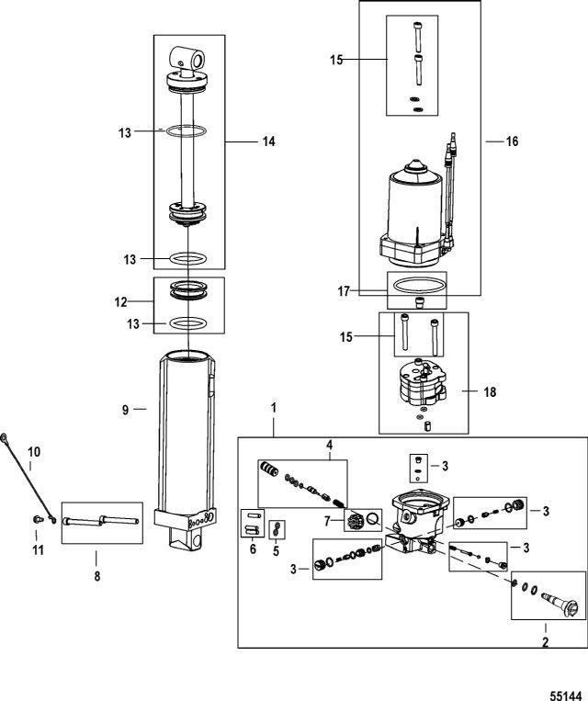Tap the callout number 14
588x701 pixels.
pos(268,141)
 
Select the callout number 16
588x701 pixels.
pos(512,141)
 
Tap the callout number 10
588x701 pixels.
pos(34,451)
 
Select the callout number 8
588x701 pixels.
pos(97,577)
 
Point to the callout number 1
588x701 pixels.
pos(272,405)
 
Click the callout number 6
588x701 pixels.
pos(253,548)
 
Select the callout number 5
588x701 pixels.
pos(276,550)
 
